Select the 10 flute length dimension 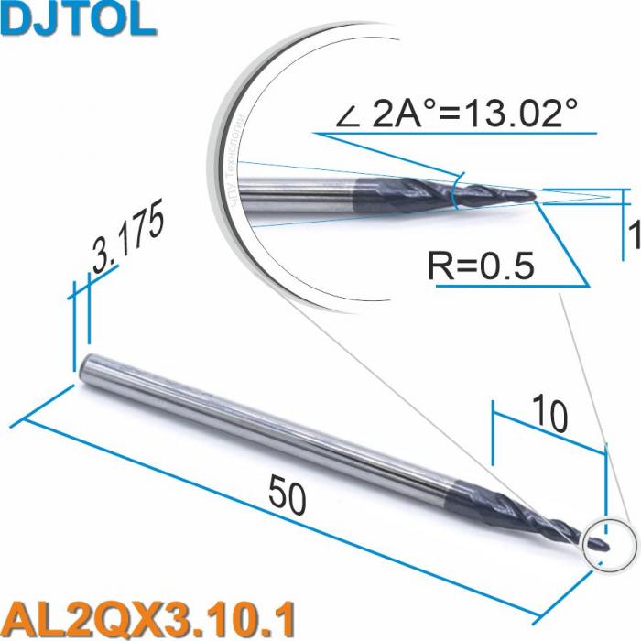click(x=551, y=417)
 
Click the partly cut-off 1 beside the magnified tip click(x=635, y=237)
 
